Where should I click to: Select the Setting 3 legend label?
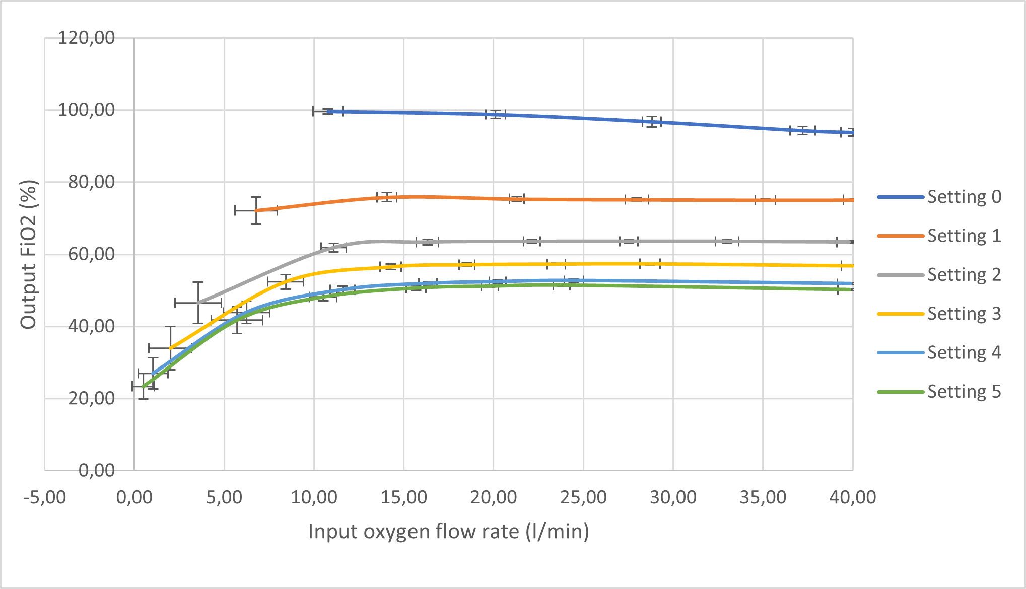964,314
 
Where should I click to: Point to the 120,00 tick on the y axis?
86,38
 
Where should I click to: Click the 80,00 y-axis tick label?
91,182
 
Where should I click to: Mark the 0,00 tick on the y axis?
97,471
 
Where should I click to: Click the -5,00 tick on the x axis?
44,498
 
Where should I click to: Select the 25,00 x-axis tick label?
583,498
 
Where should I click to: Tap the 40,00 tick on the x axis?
852,498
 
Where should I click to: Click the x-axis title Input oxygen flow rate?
448,532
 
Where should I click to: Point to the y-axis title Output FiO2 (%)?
29,254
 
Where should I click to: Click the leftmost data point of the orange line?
256,210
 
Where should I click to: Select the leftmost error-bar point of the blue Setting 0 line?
328,111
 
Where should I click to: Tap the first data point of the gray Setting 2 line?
198,303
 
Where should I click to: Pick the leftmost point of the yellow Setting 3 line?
170,348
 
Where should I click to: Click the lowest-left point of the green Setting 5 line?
143,387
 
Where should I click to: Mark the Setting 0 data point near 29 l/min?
652,122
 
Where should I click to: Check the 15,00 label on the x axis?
403,498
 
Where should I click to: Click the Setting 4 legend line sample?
901,353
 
